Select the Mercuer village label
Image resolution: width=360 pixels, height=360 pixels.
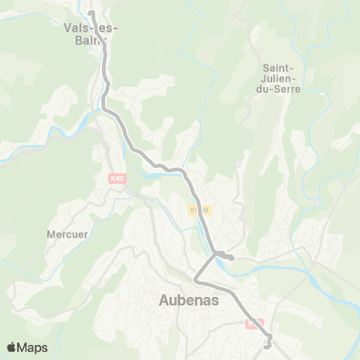(67, 234)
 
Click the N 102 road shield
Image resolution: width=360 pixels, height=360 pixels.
(115, 178)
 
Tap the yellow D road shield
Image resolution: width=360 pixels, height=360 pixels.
(196, 211)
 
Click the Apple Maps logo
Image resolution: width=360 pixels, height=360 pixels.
(27, 347)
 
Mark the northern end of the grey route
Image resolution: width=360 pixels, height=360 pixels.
(90, 13)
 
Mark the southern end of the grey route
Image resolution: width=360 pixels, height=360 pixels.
(267, 346)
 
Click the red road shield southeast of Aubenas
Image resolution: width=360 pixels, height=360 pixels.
(253, 323)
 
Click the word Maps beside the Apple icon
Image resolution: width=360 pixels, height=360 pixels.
(34, 347)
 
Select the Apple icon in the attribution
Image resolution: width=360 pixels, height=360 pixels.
(12, 346)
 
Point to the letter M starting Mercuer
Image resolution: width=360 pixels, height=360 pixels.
(51, 234)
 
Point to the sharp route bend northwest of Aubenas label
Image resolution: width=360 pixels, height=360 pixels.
(196, 280)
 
